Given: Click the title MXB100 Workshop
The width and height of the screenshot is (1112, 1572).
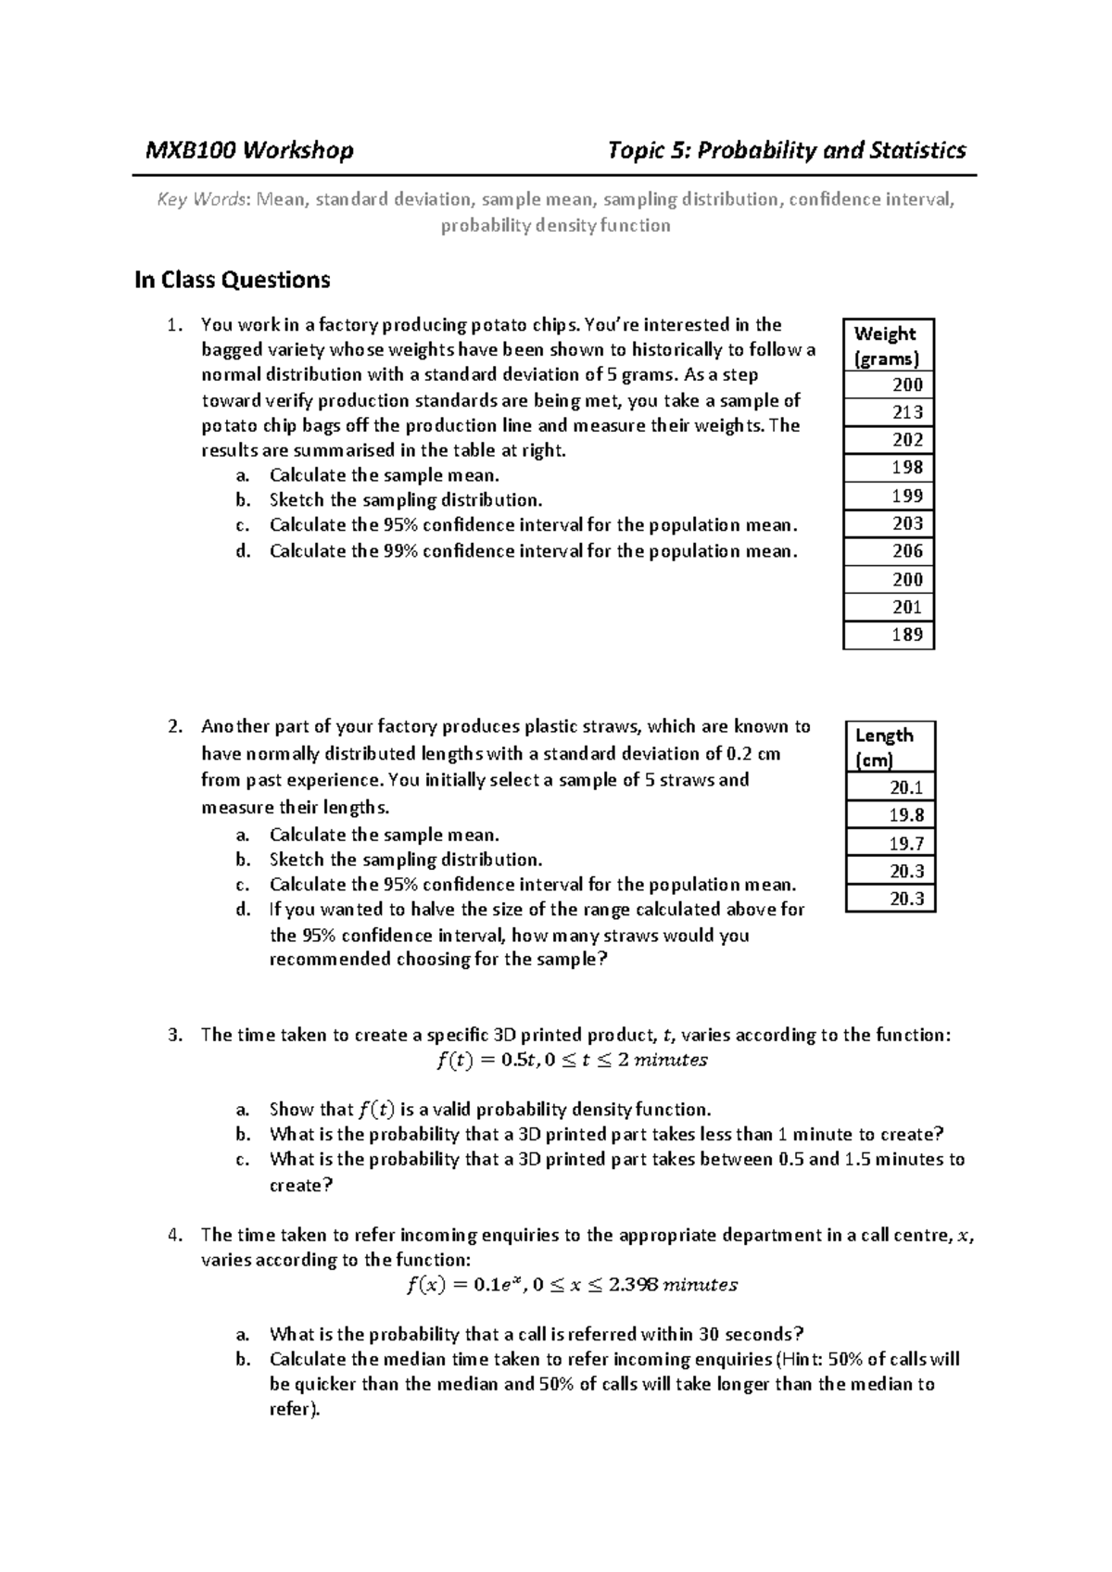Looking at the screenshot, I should click(x=249, y=151).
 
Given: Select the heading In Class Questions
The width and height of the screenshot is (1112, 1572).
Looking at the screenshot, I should click(x=232, y=280).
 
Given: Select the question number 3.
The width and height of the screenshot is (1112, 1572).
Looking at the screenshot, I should click(x=175, y=1035).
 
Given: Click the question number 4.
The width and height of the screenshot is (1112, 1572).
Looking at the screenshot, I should click(x=175, y=1235).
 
